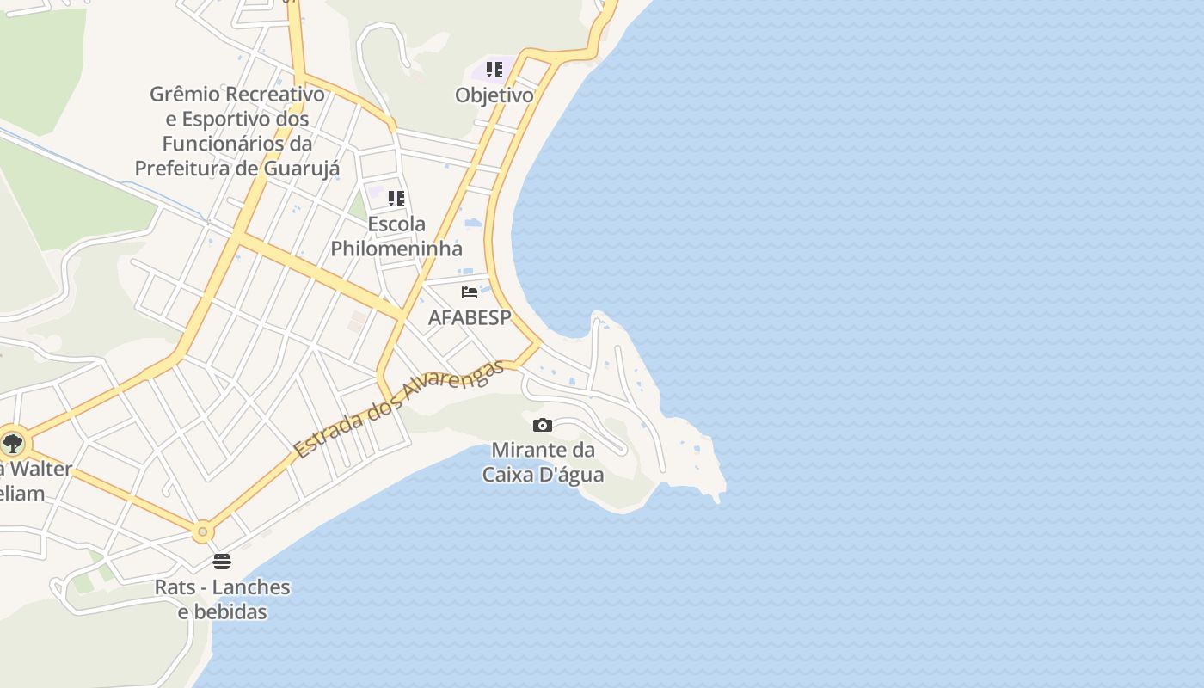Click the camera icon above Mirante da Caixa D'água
pos(542,425)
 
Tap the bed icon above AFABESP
pos(470,292)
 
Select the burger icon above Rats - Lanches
pos(222,562)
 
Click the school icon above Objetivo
pos(494,70)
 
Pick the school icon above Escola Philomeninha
pos(396,199)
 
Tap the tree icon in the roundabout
pos(12,444)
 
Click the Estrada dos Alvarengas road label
pos(398,409)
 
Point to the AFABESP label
pos(470,317)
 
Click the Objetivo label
pos(494,95)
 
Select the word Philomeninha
pos(396,249)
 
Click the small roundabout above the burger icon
pos(202,532)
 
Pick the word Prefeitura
pos(185,168)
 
